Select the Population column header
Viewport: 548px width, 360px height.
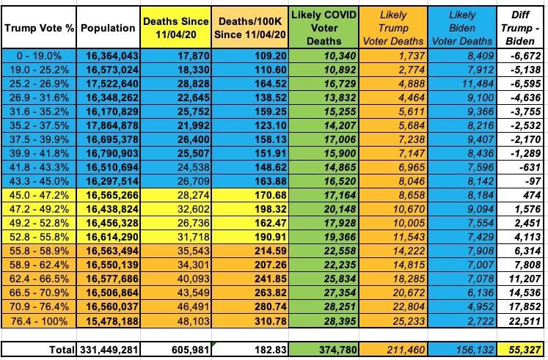[x=108, y=29]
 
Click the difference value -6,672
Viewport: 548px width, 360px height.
[x=525, y=54]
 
